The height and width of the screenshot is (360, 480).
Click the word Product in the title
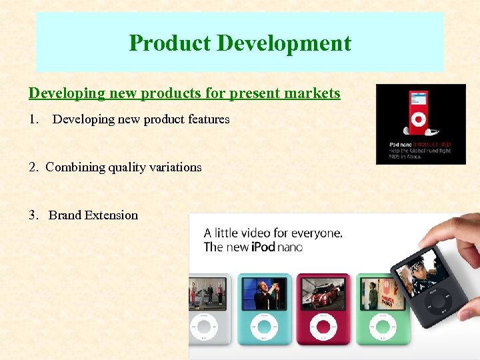[170, 43]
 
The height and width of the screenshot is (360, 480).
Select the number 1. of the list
[34, 120]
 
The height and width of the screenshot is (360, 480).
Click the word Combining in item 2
[75, 167]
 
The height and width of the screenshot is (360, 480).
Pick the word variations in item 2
[171, 167]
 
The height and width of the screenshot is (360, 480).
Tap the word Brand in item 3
[65, 215]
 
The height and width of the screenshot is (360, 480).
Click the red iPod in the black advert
[418, 113]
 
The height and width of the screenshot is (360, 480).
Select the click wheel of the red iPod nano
[323, 327]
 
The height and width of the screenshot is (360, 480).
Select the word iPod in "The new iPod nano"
[264, 247]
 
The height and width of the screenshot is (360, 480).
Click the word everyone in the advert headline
[319, 233]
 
